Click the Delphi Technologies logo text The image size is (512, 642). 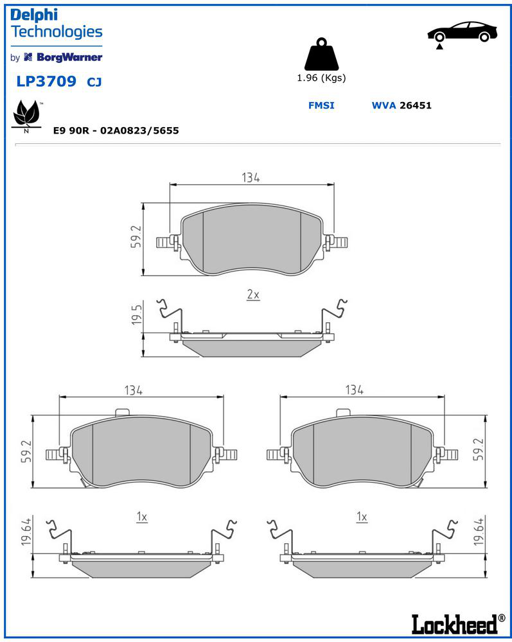click(x=56, y=23)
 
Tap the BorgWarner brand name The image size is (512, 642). click(x=69, y=57)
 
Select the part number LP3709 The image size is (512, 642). click(x=46, y=81)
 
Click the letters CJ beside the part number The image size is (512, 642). click(x=94, y=82)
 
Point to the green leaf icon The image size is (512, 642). click(x=26, y=114)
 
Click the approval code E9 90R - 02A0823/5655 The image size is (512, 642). click(x=116, y=130)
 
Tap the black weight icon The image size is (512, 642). click(x=322, y=54)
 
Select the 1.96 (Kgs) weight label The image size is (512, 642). click(x=322, y=78)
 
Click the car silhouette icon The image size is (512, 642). click(x=463, y=33)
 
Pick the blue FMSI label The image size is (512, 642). click(x=321, y=105)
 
